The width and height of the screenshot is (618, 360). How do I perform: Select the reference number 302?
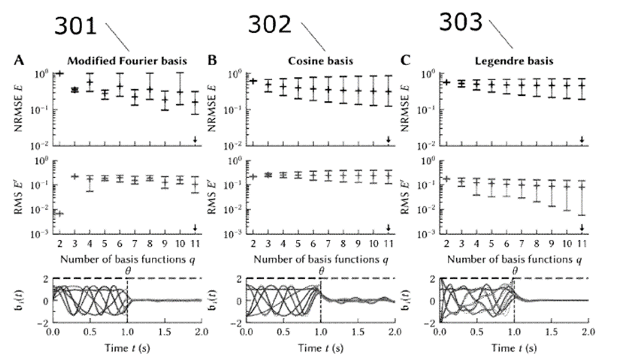pos(270,26)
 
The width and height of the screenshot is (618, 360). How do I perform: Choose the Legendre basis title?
pos(509,61)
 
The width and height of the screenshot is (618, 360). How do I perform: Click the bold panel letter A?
pos(19,61)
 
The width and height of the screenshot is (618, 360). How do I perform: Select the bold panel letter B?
pos(212,61)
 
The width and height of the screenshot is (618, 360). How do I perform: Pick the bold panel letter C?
pos(405,61)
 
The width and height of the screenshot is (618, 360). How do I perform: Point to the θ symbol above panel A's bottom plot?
pos(128,269)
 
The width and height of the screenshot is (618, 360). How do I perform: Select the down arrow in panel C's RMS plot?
pos(582,227)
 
